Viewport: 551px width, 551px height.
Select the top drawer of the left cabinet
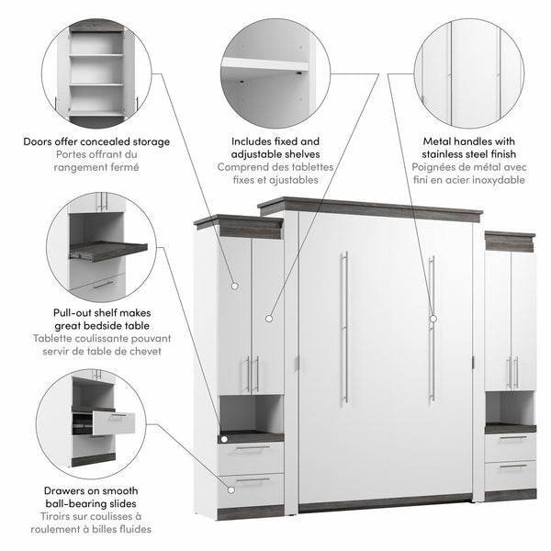point(251,452)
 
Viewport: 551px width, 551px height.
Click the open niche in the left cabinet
point(251,413)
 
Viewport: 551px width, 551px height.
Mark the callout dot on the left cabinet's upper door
point(234,287)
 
